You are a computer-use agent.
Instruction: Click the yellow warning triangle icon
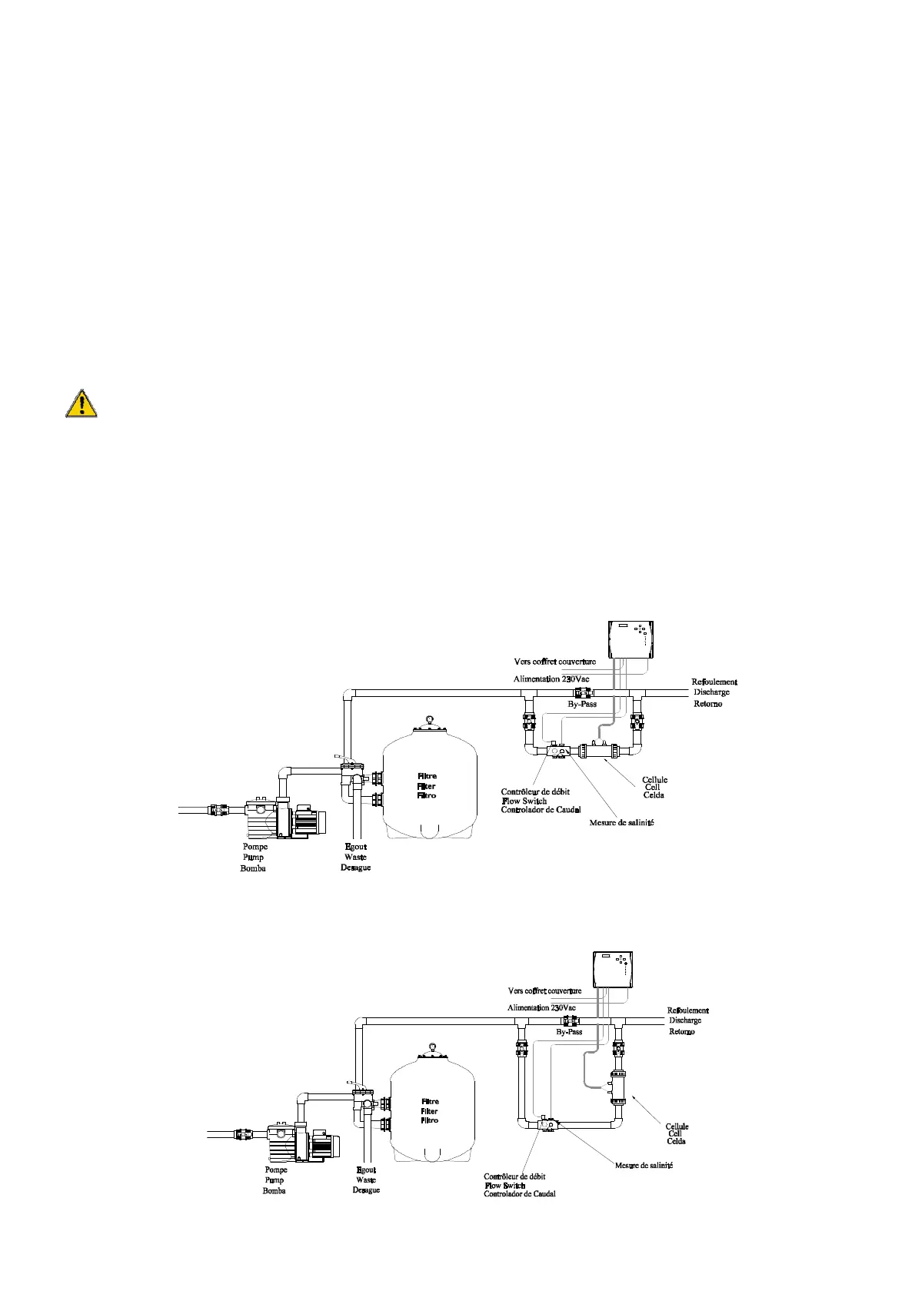point(81,403)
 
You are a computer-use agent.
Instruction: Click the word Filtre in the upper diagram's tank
point(427,776)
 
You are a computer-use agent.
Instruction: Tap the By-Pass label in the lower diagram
point(569,1032)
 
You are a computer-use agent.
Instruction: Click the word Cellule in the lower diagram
point(677,1126)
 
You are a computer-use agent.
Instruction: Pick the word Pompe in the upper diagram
point(255,847)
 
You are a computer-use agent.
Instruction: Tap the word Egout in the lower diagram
point(366,1170)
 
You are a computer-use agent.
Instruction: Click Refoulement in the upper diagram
point(714,682)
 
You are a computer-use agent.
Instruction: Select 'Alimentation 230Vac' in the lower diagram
point(541,1007)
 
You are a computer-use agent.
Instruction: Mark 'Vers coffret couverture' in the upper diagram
point(554,661)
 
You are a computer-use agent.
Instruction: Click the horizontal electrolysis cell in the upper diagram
point(601,752)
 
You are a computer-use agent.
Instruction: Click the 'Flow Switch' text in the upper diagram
point(524,801)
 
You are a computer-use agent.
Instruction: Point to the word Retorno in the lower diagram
point(681,1032)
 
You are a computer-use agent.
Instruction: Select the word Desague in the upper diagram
point(355,868)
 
